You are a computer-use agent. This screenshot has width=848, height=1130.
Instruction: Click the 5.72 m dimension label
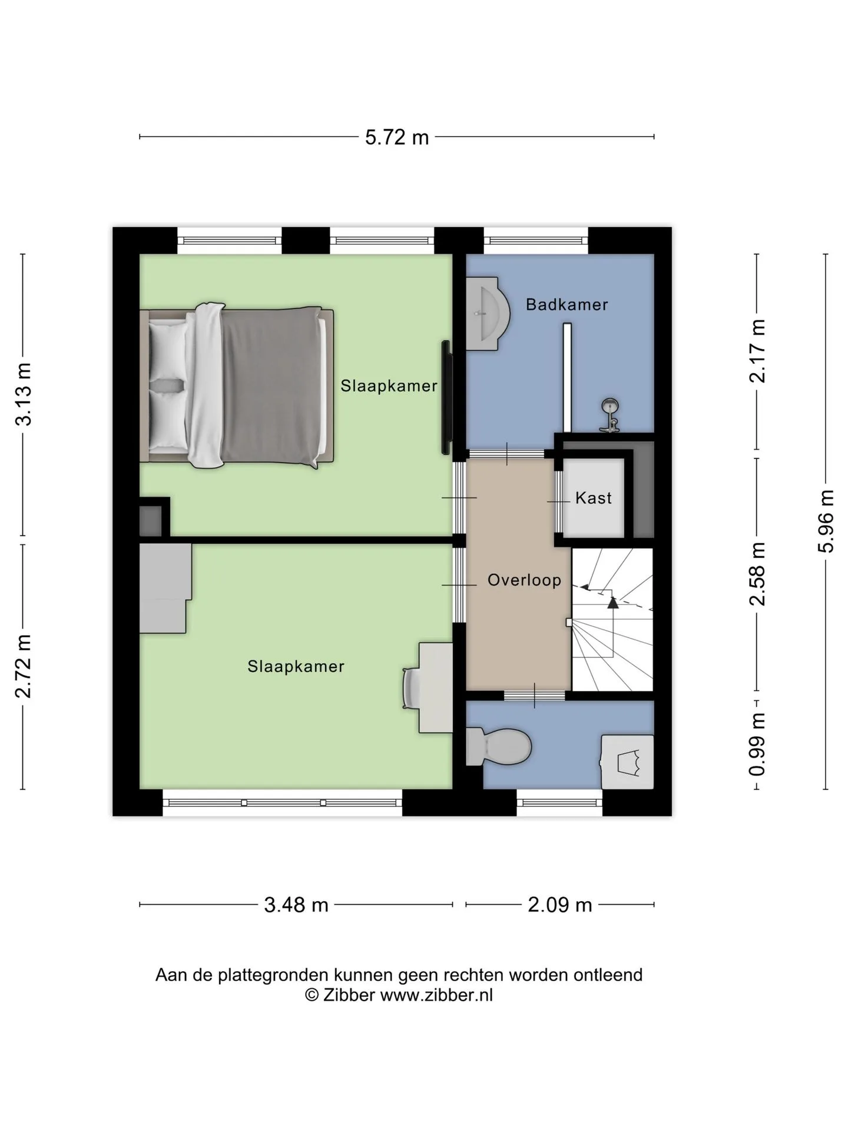397,137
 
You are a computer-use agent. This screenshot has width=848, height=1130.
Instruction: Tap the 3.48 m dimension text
296,905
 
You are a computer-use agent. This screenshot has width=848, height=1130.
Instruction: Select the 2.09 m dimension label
559,905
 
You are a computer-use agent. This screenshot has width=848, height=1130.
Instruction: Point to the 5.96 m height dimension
826,521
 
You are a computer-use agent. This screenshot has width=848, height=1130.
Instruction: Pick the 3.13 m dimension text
24,394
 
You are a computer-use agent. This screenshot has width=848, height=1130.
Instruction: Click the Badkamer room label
567,304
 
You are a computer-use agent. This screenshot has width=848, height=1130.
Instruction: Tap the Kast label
594,498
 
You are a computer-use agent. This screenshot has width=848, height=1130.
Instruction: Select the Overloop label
524,580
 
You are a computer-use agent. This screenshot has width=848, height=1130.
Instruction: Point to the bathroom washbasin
488,314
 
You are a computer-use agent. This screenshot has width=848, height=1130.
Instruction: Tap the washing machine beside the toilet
627,762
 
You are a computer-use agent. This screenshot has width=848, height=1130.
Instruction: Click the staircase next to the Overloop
612,620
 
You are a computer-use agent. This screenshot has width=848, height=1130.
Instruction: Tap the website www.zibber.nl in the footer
436,995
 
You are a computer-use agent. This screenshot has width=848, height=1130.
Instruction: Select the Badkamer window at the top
536,240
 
